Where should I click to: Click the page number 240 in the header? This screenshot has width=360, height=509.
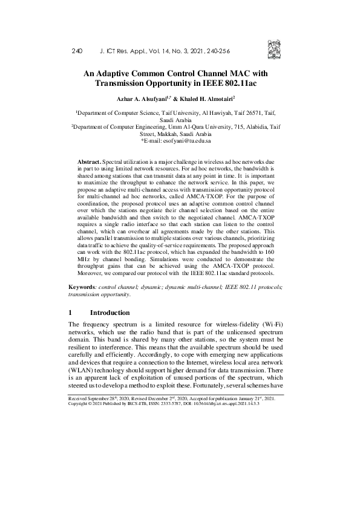coord(76,52)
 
